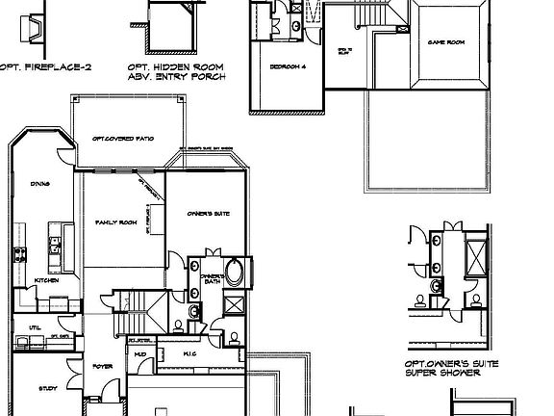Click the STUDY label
click(47, 389)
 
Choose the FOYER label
click(103, 367)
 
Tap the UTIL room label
click(35, 327)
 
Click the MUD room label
click(140, 354)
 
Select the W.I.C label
click(189, 353)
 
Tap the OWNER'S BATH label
click(213, 279)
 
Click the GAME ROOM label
click(446, 43)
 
